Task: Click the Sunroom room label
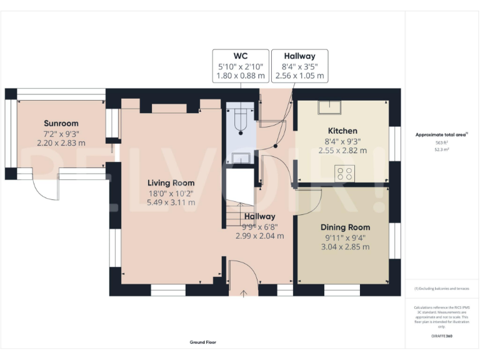click(x=60, y=122)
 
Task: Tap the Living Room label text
click(x=171, y=182)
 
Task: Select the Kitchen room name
click(x=343, y=131)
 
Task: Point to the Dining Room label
click(x=345, y=227)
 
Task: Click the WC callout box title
click(x=241, y=56)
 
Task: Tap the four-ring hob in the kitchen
click(x=344, y=172)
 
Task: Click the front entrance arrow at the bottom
click(x=244, y=291)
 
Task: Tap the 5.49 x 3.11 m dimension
click(x=171, y=202)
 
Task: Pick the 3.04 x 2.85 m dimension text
click(x=345, y=247)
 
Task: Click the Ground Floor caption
click(x=202, y=342)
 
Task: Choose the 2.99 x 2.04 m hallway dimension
click(x=259, y=236)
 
